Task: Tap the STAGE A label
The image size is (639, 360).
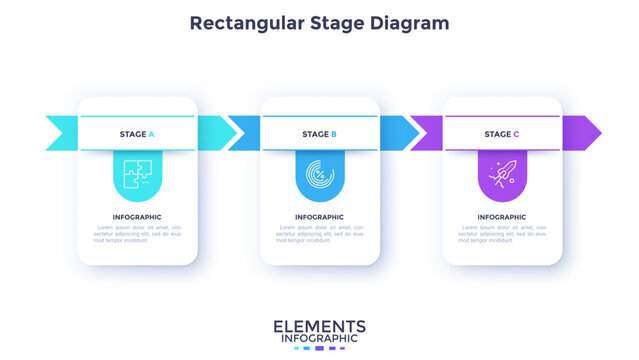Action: click(137, 134)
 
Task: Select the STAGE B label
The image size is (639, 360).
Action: click(319, 134)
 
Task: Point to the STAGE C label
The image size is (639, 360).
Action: click(502, 134)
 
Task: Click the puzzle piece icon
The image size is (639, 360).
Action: click(137, 172)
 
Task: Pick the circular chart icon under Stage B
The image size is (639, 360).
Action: click(319, 172)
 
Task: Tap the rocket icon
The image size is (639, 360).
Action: click(502, 172)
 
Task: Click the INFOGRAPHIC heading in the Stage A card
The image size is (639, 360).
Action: click(137, 217)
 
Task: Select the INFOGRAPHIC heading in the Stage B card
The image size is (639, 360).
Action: click(319, 217)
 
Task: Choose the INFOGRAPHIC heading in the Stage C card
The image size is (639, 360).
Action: click(502, 217)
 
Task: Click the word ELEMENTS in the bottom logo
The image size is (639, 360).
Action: click(319, 327)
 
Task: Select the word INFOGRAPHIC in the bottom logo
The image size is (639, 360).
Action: click(319, 340)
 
